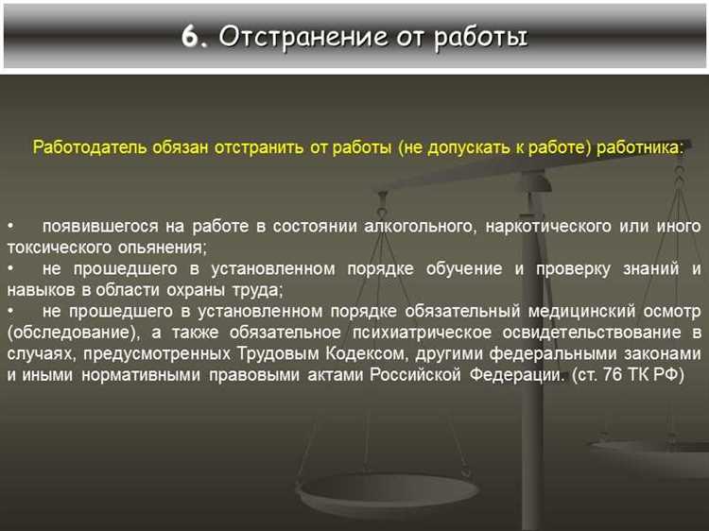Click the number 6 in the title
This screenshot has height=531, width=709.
(x=192, y=37)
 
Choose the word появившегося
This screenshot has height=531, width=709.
(x=100, y=227)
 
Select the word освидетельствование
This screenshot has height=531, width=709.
(x=592, y=333)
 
